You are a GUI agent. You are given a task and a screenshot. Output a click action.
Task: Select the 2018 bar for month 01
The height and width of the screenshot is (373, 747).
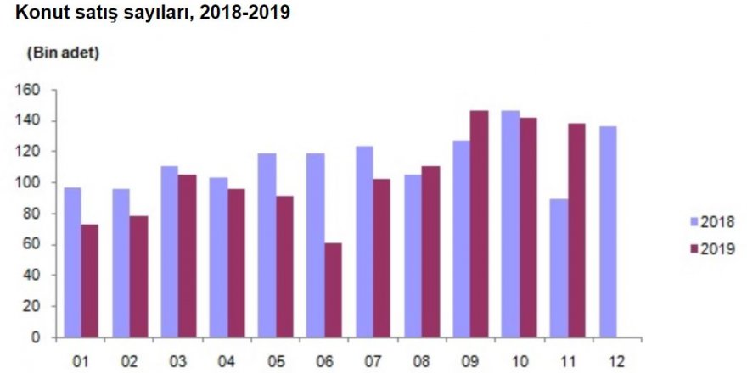click(x=73, y=262)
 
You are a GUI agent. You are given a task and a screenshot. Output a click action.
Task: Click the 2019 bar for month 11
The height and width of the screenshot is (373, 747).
click(x=576, y=230)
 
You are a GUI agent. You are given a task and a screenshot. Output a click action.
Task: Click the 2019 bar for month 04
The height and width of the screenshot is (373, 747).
click(x=235, y=263)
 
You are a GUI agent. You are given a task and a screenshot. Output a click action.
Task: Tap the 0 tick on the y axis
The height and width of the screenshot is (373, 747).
click(x=37, y=337)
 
